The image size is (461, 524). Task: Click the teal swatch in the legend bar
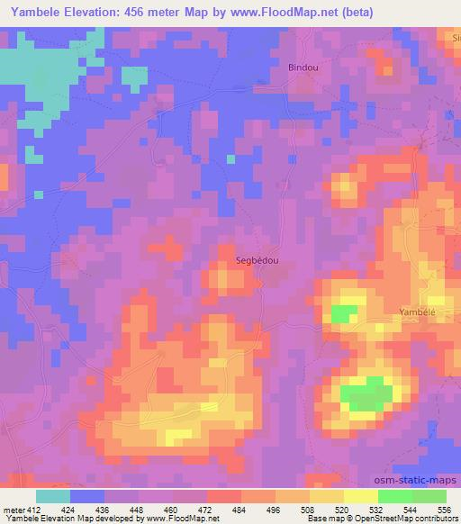[x=53, y=496]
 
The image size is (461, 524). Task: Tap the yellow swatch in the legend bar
[x=360, y=496]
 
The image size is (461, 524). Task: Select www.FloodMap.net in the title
[x=270, y=12]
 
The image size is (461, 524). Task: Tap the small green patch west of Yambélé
[x=342, y=313]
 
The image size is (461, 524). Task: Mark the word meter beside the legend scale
[x=11, y=509]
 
